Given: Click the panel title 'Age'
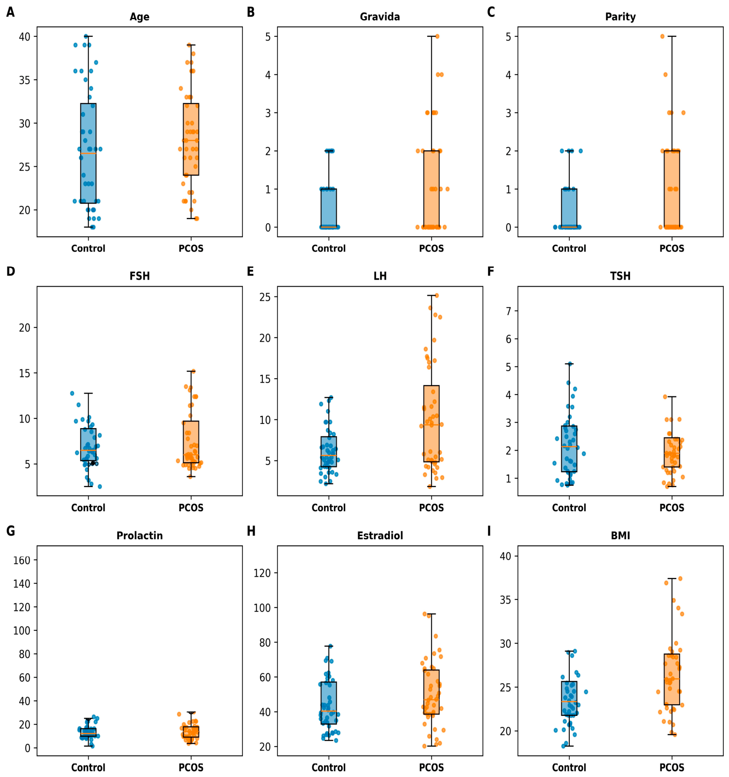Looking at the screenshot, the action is pyautogui.click(x=139, y=17).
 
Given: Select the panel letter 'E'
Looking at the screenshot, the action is pyautogui.click(x=250, y=271).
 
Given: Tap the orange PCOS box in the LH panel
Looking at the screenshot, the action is pyautogui.click(x=431, y=424).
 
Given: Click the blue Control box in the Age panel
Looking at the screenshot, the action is pyautogui.click(x=88, y=153).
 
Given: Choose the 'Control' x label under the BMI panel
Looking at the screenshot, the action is pyautogui.click(x=569, y=767).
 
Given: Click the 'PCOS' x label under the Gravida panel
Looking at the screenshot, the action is pyautogui.click(x=431, y=248).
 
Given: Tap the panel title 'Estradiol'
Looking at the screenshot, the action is pyautogui.click(x=380, y=536).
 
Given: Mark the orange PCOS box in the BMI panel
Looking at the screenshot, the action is pyautogui.click(x=672, y=679).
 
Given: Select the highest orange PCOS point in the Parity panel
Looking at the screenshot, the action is pyautogui.click(x=662, y=36).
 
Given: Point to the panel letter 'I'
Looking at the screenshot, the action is pyautogui.click(x=489, y=531).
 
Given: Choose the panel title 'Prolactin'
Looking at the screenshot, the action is pyautogui.click(x=139, y=536).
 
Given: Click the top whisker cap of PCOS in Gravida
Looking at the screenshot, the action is pyautogui.click(x=431, y=36).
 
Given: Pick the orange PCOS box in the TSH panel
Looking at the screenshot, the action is pyautogui.click(x=672, y=452).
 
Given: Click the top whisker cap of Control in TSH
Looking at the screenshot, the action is pyautogui.click(x=569, y=363).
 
